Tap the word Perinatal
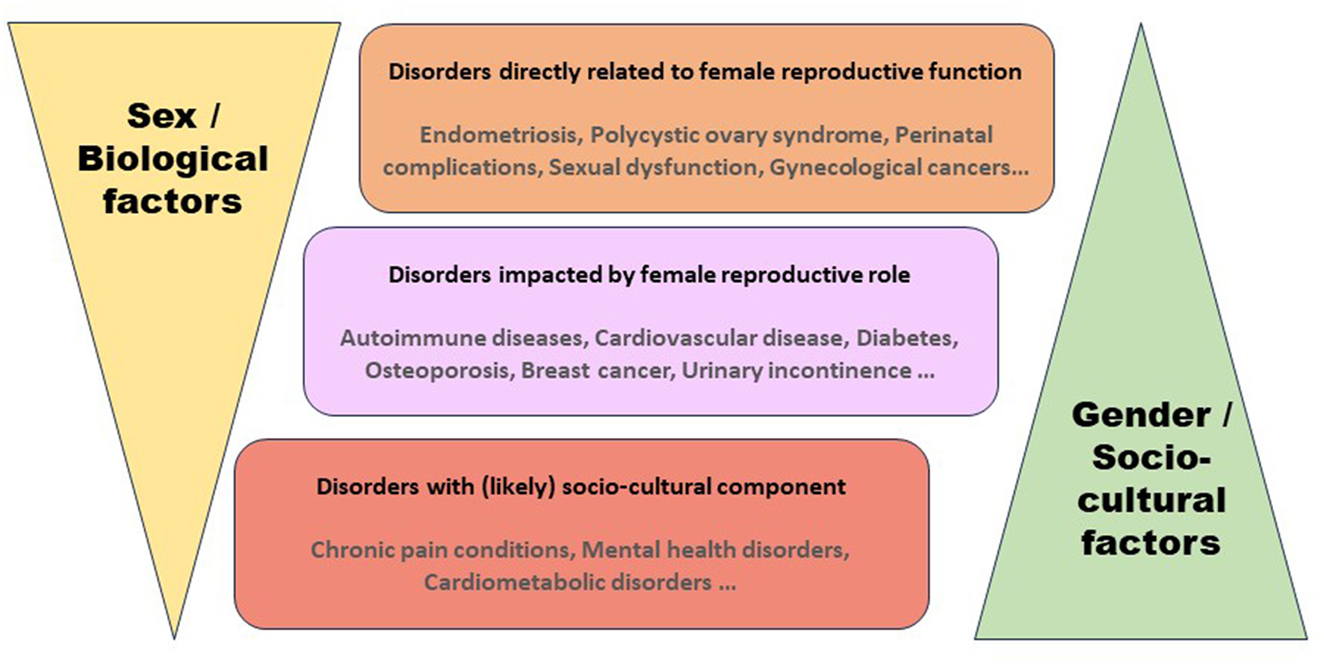click(x=944, y=134)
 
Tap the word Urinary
click(x=721, y=371)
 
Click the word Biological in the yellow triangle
click(x=173, y=158)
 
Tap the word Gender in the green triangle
click(x=1141, y=415)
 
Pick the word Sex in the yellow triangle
click(x=161, y=116)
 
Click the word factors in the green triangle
click(x=1151, y=542)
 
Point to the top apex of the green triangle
click(x=1140, y=26)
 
